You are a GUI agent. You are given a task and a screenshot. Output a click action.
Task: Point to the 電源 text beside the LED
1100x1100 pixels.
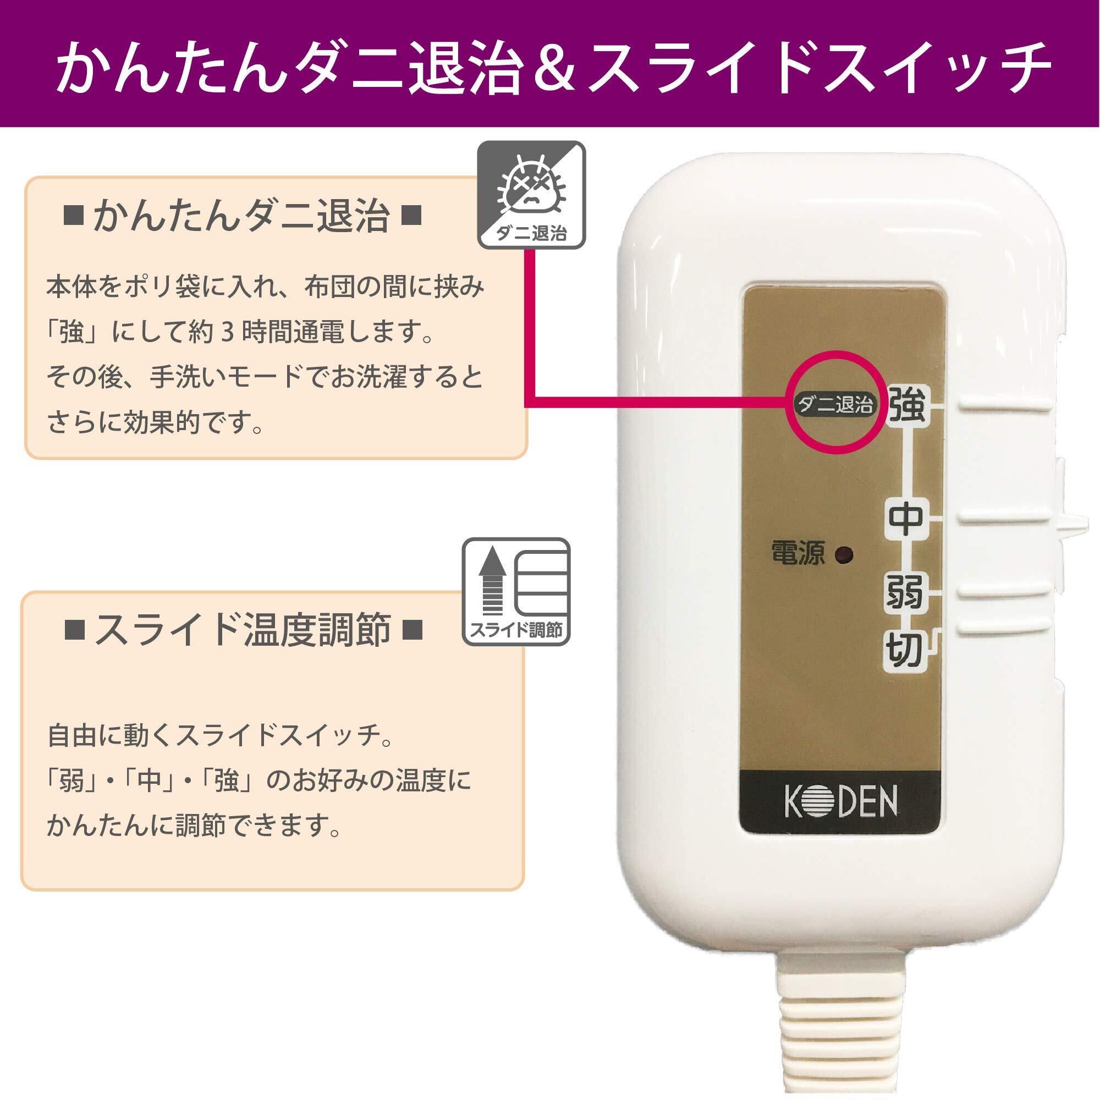[x=798, y=552]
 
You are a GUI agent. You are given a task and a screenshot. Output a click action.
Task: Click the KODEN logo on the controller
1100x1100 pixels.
[x=840, y=802]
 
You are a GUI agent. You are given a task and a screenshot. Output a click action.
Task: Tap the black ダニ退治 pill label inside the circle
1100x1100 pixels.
[x=835, y=405]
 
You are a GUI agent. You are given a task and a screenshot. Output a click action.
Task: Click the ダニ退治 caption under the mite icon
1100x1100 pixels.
[x=531, y=233]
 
